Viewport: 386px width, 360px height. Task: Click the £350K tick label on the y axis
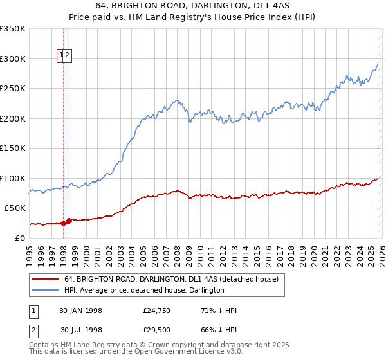(13, 29)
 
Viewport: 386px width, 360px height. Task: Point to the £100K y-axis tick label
(13, 178)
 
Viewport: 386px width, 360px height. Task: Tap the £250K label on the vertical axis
(13, 89)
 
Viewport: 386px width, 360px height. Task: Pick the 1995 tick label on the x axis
(30, 253)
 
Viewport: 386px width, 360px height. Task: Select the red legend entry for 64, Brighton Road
(170, 279)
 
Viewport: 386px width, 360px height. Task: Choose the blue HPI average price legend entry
(143, 291)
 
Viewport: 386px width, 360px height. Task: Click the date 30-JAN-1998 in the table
(80, 310)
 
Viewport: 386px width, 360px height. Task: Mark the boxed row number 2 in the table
(33, 330)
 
